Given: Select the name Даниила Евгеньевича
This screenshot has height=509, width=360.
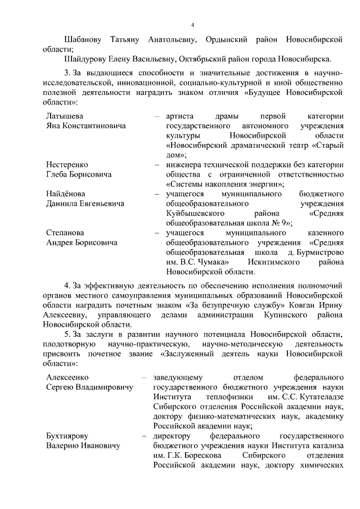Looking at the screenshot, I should (x=85, y=204).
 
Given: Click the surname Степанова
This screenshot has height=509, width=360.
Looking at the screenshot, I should (x=65, y=232).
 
